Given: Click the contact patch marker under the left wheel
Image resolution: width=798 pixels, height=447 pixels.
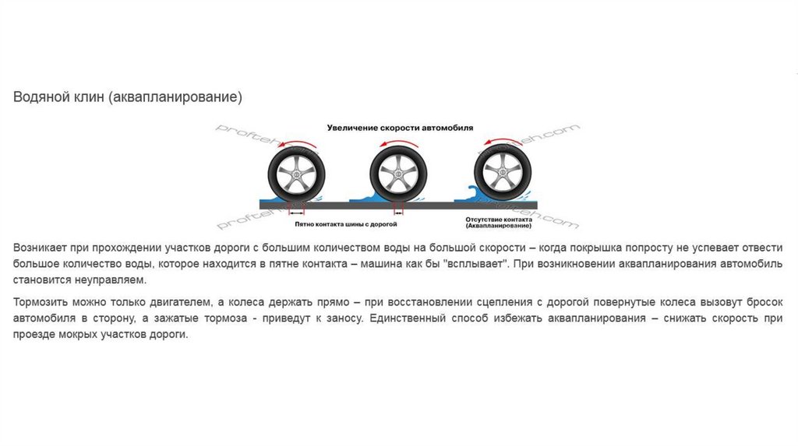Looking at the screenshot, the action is click(296, 211).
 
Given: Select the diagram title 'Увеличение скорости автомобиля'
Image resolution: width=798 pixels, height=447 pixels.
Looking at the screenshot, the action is click(399, 126).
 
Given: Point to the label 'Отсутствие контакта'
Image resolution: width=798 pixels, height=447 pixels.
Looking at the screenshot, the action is click(499, 220).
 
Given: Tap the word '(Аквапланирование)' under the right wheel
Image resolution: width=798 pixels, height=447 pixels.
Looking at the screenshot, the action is click(499, 226).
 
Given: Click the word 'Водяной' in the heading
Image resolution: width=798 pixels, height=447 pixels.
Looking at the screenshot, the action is click(37, 97).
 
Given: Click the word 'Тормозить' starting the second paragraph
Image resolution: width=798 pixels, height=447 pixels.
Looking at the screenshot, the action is click(39, 301).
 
